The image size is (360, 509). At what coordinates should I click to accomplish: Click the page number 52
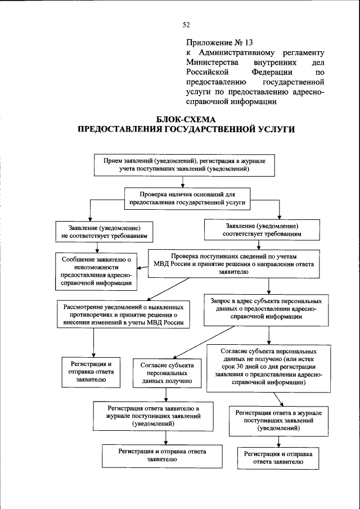[x=187, y=24]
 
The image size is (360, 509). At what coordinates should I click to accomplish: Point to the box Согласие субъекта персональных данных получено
[x=168, y=373]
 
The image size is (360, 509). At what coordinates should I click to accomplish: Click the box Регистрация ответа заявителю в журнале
[x=154, y=416]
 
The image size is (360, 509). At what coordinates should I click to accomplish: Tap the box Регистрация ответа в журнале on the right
[x=275, y=420]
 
